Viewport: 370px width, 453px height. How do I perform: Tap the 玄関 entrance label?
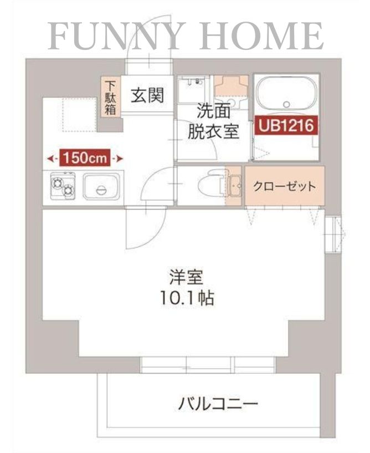pos(147,96)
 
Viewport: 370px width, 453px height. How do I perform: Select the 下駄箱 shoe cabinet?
pos(111,98)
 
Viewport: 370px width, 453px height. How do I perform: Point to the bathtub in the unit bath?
pos(286,95)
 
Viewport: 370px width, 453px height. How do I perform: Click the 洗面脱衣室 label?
pos(213,122)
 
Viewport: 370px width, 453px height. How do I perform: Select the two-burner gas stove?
pos(63,186)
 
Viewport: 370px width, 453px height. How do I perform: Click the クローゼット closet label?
pos(284,186)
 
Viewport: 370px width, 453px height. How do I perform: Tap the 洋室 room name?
pos(186,277)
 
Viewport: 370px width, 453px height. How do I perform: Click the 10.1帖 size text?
pos(186,299)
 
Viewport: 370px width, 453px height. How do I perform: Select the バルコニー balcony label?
pos(218,403)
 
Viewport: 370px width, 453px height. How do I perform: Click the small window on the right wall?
pos(336,233)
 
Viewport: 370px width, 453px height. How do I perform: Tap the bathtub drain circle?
pos(286,104)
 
